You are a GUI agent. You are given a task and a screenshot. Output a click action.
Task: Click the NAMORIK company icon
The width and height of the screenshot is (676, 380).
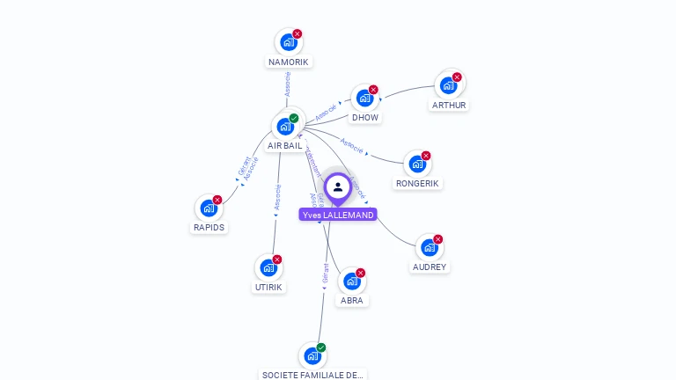[x=289, y=41]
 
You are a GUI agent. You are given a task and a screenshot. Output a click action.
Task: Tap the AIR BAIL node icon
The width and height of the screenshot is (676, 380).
[x=285, y=126]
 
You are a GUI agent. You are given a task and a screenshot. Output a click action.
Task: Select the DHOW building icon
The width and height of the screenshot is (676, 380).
[x=364, y=98]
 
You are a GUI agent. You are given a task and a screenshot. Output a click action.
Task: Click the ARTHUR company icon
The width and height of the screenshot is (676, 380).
[x=448, y=85]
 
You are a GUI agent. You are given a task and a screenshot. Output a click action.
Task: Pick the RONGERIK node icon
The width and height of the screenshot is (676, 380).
[x=416, y=164]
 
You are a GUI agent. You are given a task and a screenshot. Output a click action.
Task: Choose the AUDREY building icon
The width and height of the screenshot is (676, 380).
[x=429, y=247]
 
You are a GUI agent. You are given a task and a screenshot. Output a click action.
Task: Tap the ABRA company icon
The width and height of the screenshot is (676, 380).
[x=351, y=281]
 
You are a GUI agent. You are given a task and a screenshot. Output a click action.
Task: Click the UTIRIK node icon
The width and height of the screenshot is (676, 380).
[x=268, y=267]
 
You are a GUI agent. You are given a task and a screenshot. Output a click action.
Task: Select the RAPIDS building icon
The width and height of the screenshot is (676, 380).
[x=209, y=208]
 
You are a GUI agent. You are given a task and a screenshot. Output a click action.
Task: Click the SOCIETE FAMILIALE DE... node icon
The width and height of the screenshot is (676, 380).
[x=312, y=356]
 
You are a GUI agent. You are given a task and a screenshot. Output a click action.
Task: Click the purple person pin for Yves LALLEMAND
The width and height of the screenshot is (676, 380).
[x=337, y=187]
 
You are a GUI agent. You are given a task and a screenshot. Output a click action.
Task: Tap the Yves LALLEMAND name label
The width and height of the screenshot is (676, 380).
[x=337, y=215]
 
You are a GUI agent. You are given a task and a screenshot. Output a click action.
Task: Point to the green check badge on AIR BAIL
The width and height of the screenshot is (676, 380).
[x=294, y=118]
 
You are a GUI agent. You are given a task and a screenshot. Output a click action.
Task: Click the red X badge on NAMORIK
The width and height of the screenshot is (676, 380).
[x=298, y=33]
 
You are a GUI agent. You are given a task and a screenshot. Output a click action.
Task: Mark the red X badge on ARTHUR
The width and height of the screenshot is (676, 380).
[x=457, y=77]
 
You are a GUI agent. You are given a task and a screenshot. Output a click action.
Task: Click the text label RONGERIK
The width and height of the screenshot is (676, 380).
[x=416, y=184]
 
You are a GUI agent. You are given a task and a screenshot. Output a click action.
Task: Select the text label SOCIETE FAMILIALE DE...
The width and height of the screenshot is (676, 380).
[x=312, y=375]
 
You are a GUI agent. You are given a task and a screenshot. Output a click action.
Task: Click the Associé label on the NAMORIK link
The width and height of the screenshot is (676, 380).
[x=287, y=84]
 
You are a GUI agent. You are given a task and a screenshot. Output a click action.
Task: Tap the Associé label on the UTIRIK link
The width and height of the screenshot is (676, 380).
[x=277, y=196]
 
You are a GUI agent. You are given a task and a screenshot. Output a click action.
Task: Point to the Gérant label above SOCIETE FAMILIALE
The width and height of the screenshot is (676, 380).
[x=325, y=273]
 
